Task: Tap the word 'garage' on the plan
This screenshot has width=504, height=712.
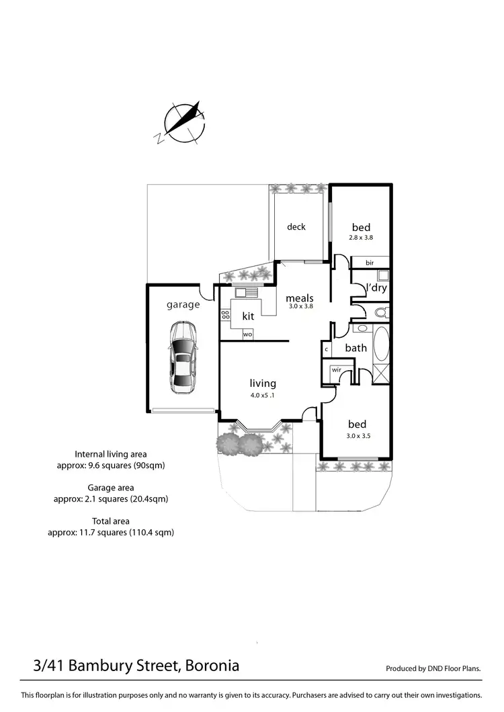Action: tap(183, 305)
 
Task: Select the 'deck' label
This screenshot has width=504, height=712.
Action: tap(296, 227)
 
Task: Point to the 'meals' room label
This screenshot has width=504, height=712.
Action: tap(300, 298)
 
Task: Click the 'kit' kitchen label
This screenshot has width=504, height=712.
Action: tap(247, 315)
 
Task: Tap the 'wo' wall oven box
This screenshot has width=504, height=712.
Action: tap(247, 334)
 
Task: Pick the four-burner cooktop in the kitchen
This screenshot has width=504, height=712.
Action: tap(225, 314)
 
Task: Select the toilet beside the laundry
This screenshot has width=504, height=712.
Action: tap(381, 312)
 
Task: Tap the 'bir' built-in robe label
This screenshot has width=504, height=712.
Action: tap(370, 263)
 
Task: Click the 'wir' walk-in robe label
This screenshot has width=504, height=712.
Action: tap(335, 369)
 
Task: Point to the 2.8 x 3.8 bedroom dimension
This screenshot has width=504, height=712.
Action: tap(360, 237)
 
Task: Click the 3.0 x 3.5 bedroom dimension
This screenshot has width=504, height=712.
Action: tap(357, 435)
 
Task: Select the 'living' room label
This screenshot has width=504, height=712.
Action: tap(263, 384)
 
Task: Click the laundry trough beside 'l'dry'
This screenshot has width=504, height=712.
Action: tap(382, 275)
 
